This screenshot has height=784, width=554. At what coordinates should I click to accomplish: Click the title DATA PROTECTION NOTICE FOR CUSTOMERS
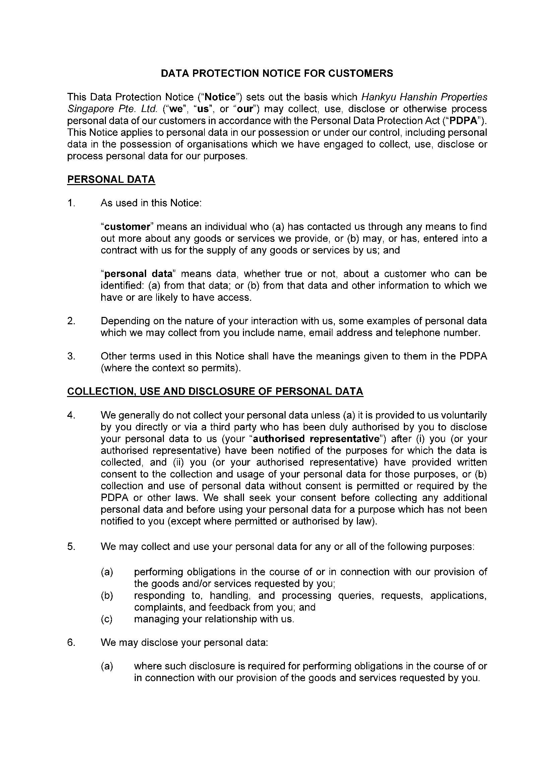coord(277,73)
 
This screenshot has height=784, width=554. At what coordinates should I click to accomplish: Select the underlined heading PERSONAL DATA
coord(111,180)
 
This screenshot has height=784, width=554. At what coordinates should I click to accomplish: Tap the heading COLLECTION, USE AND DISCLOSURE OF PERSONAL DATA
coord(215,391)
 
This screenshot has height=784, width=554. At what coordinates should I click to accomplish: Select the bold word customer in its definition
coord(127,227)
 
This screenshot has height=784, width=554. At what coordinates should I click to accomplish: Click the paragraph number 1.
coord(71,203)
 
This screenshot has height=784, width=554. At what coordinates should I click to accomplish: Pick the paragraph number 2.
coord(71,321)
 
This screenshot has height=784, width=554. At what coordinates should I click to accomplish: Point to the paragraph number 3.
coord(71,356)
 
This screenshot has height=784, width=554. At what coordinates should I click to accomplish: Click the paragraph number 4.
coord(71,415)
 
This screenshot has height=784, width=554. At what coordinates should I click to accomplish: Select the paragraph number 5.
coord(71,547)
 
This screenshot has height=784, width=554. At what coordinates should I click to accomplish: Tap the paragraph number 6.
coord(71,642)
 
